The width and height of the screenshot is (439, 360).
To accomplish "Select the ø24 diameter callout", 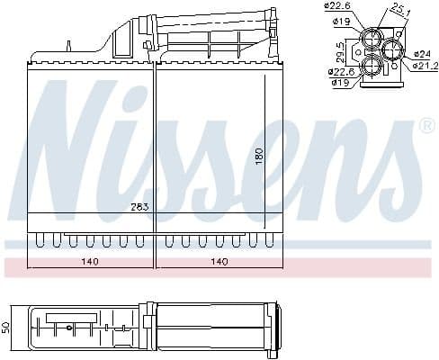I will (x=423, y=54).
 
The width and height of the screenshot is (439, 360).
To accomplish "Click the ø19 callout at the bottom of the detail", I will (x=340, y=83).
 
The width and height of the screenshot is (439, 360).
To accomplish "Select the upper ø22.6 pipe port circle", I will (x=373, y=39).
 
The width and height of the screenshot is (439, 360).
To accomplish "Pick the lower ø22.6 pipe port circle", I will (x=372, y=65).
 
